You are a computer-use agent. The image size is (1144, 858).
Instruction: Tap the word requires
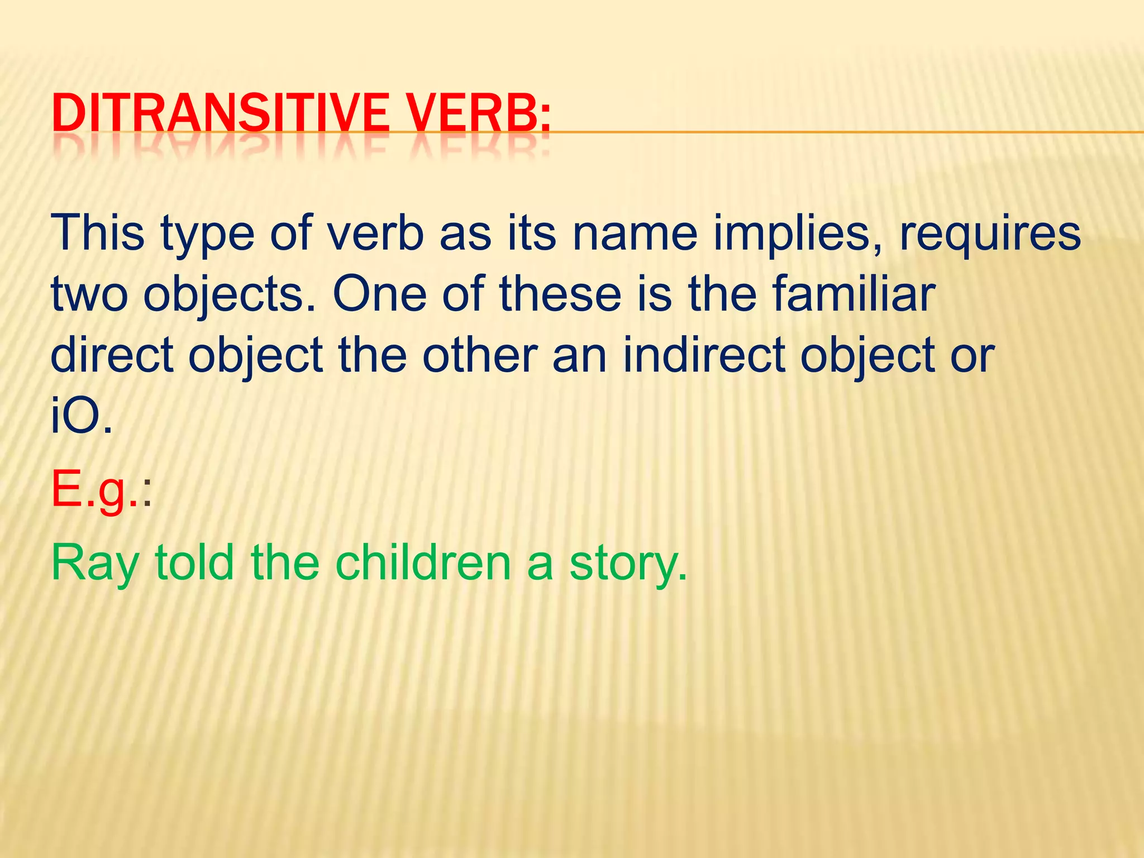tap(989, 236)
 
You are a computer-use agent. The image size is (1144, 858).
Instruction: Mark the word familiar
tap(854, 294)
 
